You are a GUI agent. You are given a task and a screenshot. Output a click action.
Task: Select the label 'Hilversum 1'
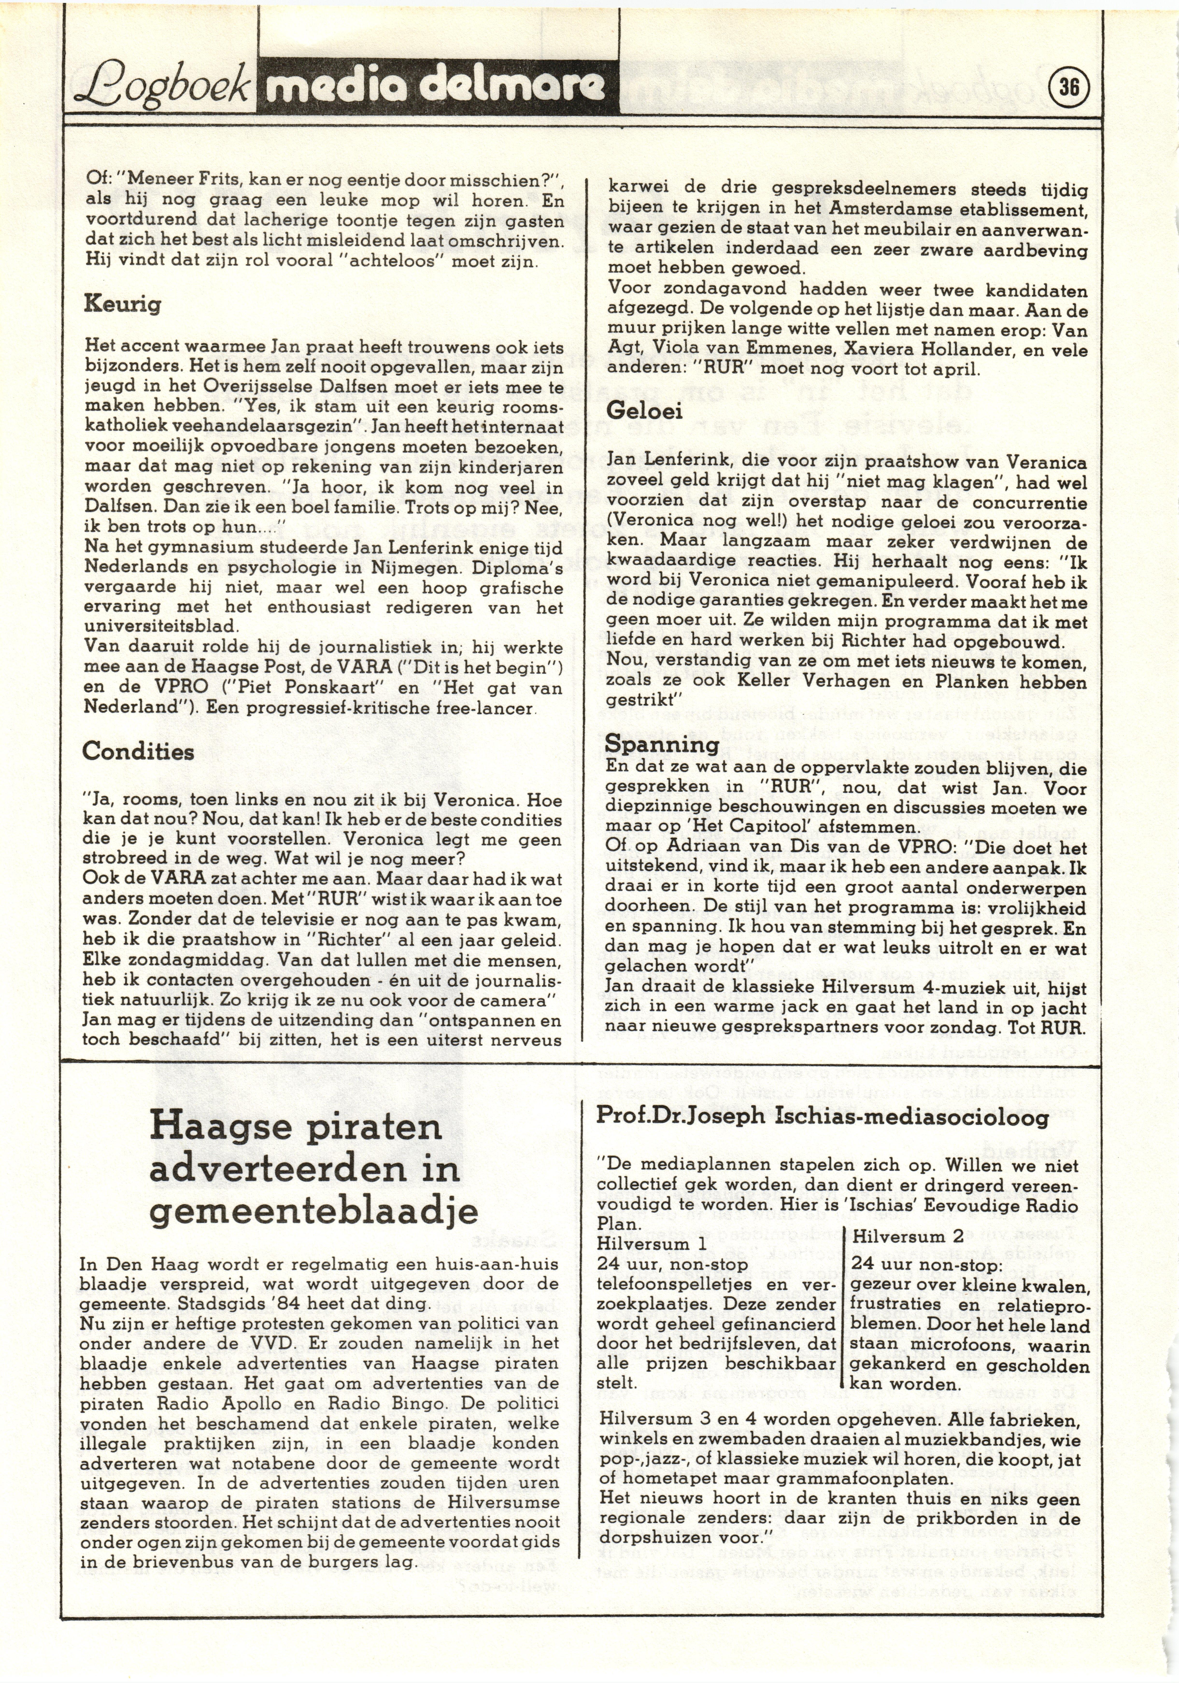(652, 1244)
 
